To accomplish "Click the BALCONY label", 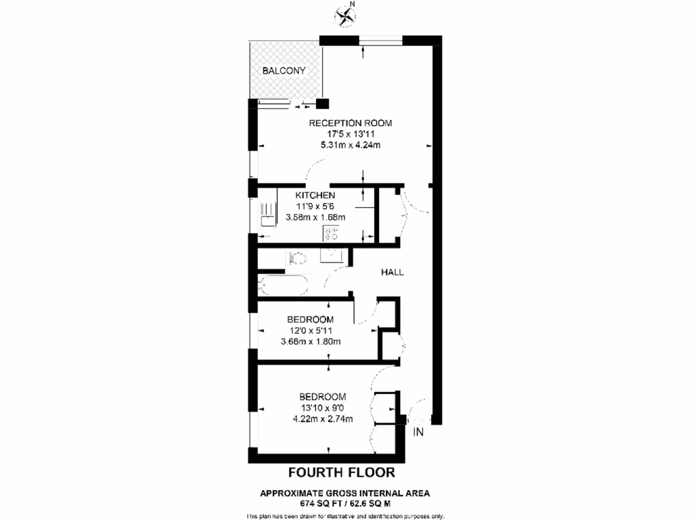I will click(x=284, y=70).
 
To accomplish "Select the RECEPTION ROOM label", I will click(x=351, y=123).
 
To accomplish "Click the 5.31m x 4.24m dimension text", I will click(x=351, y=145).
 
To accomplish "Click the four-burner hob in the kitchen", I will click(x=332, y=234).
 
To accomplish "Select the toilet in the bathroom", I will click(x=296, y=258).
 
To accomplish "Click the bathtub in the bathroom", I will click(x=284, y=285).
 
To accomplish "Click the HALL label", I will click(x=393, y=272).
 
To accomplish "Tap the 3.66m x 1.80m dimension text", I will click(x=310, y=341).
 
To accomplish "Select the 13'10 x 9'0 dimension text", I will click(x=323, y=408).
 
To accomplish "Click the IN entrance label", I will click(x=418, y=432).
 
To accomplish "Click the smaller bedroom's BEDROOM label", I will click(x=310, y=320).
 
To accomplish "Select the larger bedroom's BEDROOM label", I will click(x=323, y=397).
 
